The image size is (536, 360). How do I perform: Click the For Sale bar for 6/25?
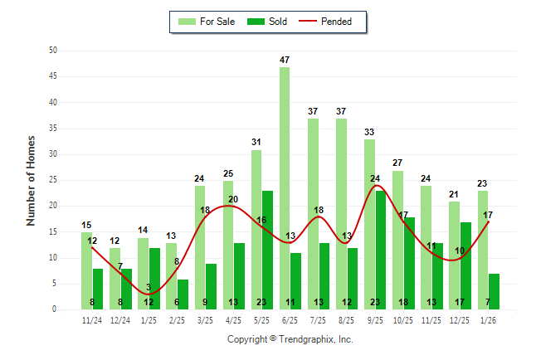coord(285,187)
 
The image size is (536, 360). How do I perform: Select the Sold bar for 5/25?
coord(268,250)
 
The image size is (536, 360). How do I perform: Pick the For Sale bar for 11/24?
coord(87,270)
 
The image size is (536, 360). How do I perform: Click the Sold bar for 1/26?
coord(494,291)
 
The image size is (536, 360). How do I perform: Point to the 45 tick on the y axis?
coord(53,76)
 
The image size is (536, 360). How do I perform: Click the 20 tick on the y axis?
coord(53,206)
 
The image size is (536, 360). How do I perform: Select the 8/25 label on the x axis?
coord(347,320)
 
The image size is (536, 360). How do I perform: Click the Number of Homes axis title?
coord(32,180)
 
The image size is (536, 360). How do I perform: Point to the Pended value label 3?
coord(148,288)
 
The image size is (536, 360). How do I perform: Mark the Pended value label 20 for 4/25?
coord(233,199)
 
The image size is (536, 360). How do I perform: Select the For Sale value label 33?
coord(369,132)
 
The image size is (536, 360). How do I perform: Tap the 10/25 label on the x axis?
coord(403,320)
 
